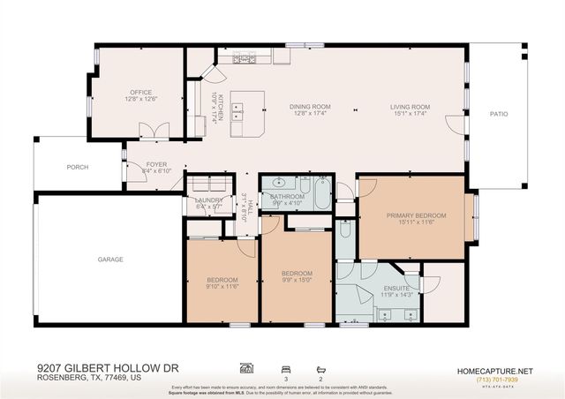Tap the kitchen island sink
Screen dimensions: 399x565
point(237,111)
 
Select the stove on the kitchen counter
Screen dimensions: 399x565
point(245,59)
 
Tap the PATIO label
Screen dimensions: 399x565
point(499,113)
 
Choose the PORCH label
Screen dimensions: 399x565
point(77,167)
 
